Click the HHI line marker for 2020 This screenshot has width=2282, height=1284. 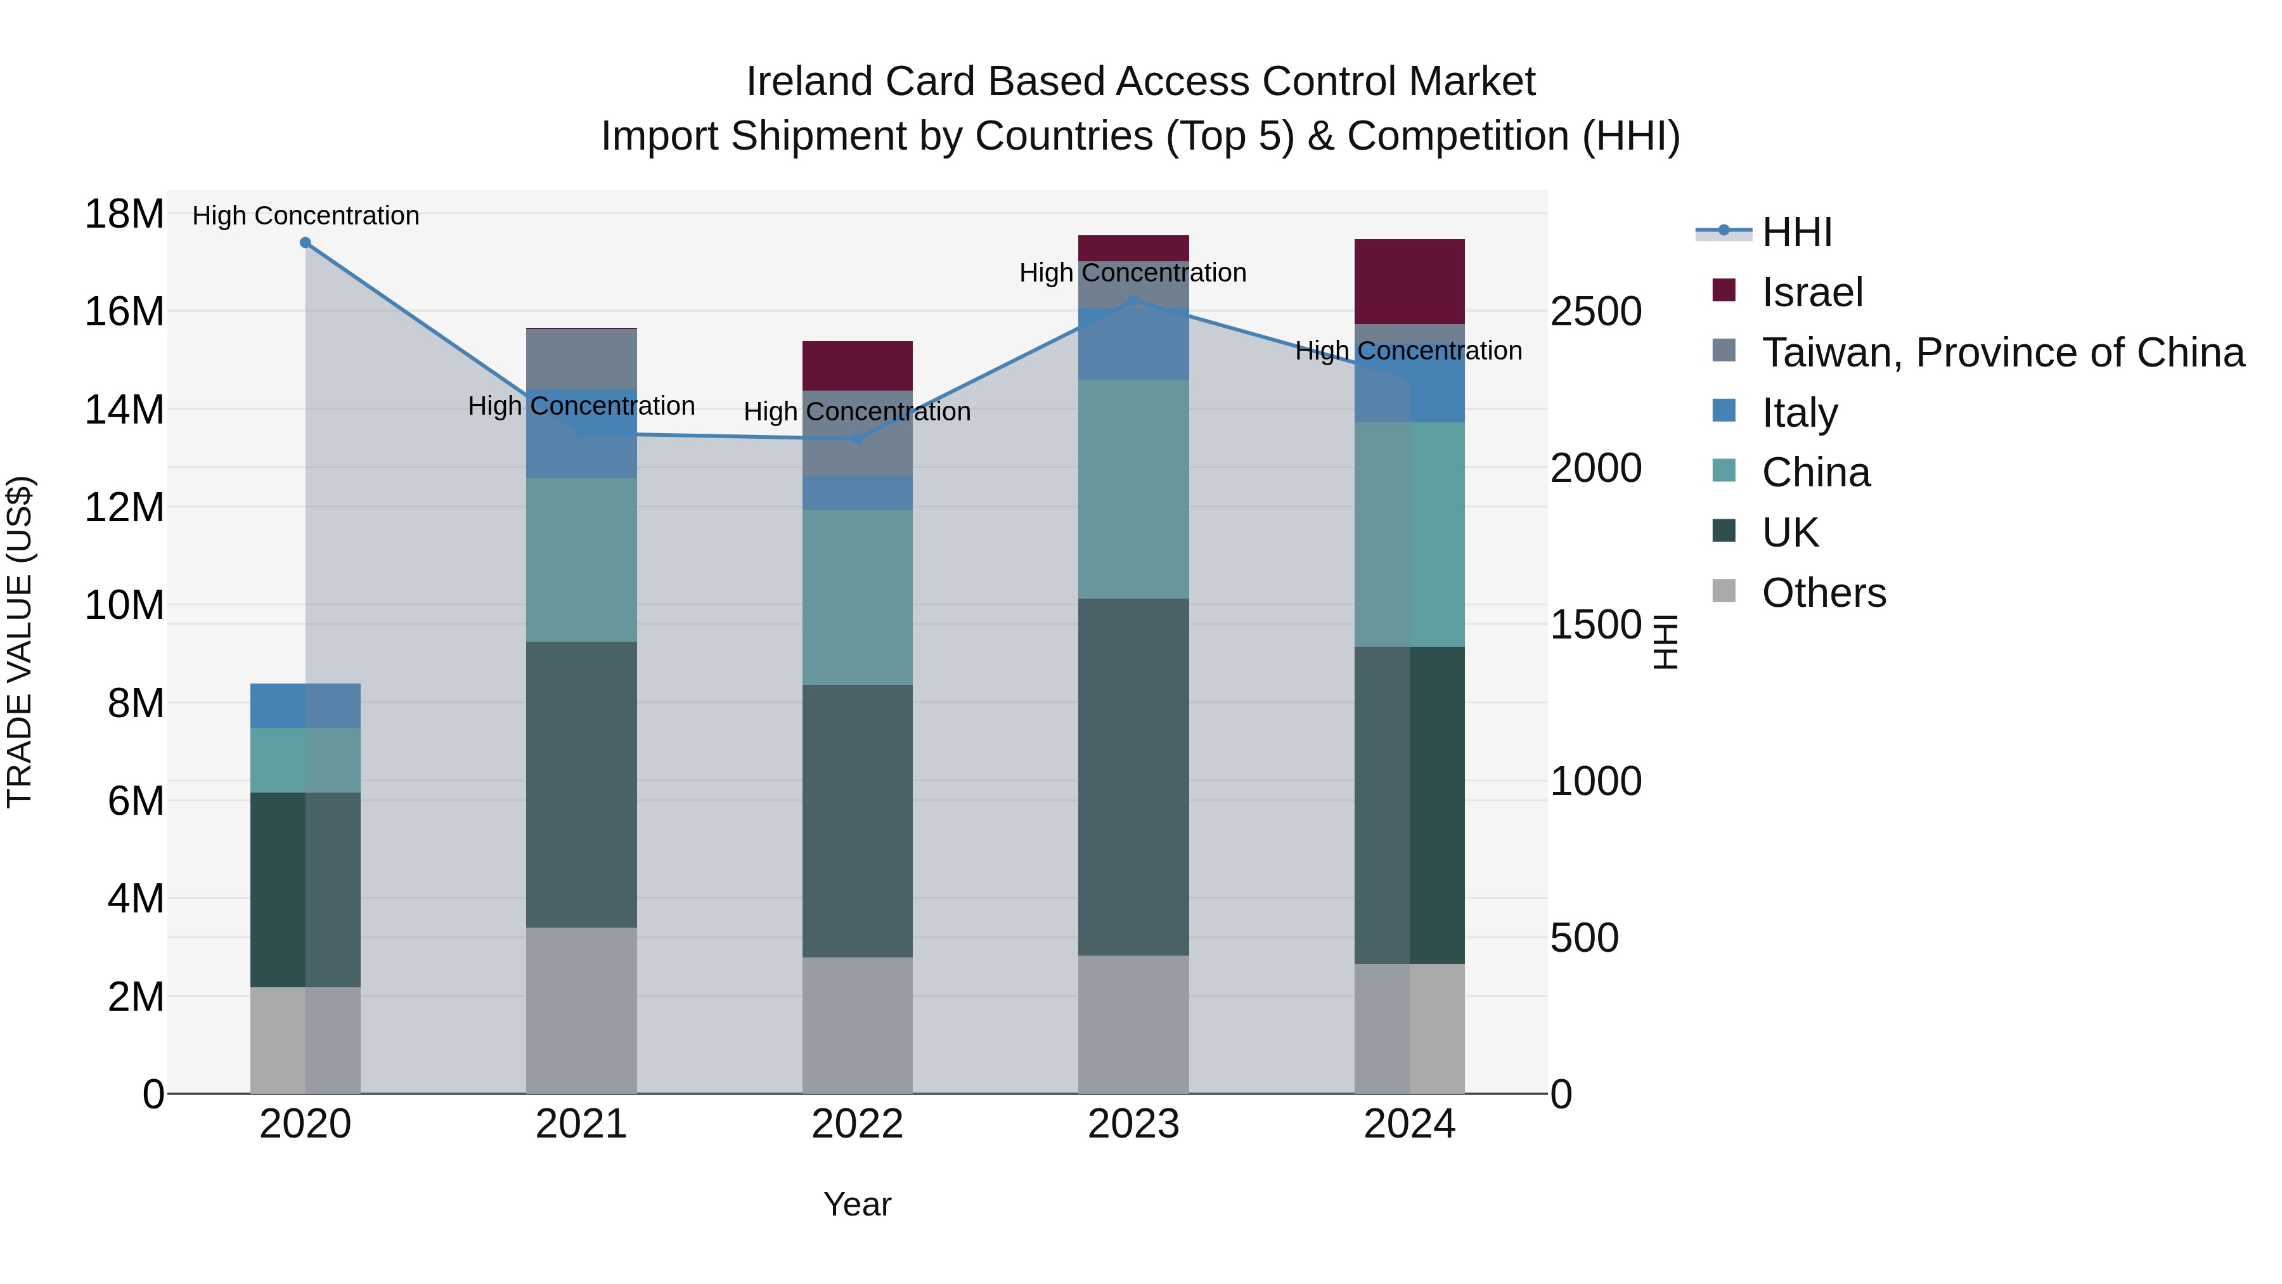pyautogui.click(x=305, y=242)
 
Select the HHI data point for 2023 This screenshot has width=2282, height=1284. pyautogui.click(x=1133, y=301)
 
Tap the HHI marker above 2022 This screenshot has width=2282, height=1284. pyautogui.click(x=856, y=439)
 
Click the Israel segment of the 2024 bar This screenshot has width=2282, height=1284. pyautogui.click(x=1409, y=281)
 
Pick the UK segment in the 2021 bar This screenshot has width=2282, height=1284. pyautogui.click(x=581, y=784)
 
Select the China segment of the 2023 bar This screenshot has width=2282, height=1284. pyautogui.click(x=1133, y=489)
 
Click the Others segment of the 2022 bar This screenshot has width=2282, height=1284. pyautogui.click(x=856, y=1025)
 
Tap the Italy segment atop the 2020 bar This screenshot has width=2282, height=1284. pyautogui.click(x=305, y=705)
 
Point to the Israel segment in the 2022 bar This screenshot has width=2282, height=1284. pyautogui.click(x=856, y=365)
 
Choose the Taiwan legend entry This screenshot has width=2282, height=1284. pyautogui.click(x=2002, y=353)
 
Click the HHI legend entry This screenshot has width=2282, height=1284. pyautogui.click(x=1796, y=232)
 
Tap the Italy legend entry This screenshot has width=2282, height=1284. pyautogui.click(x=1799, y=413)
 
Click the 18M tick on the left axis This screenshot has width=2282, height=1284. pyautogui.click(x=124, y=214)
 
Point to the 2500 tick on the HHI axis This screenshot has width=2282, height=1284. pyautogui.click(x=1595, y=312)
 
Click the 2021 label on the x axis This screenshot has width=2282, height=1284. pyautogui.click(x=581, y=1124)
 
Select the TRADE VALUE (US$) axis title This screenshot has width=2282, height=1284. pyautogui.click(x=20, y=642)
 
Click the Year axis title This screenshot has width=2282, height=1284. pyautogui.click(x=856, y=1204)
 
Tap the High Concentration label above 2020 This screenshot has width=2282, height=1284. pyautogui.click(x=306, y=216)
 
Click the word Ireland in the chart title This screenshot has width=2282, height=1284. pyautogui.click(x=808, y=82)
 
